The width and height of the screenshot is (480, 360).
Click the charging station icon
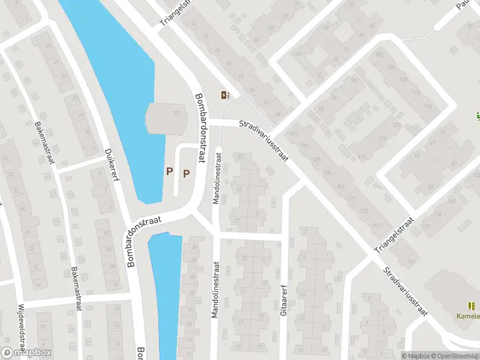coord(225,94)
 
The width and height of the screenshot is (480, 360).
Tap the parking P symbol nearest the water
coord(169,172)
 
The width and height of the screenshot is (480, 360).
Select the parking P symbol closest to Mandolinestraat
coord(186,173)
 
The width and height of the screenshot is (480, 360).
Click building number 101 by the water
coord(176,113)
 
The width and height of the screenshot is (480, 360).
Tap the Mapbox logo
coord(26,353)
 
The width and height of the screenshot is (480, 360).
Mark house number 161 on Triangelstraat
coord(411,261)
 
